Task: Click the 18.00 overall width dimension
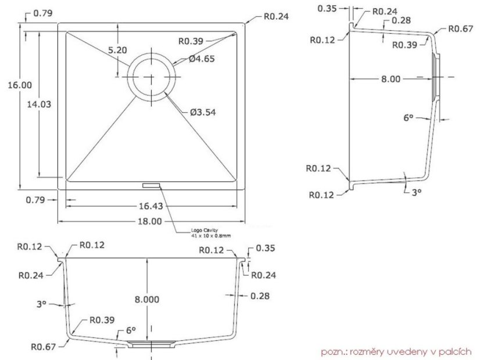point(149,221)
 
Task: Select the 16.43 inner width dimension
point(150,206)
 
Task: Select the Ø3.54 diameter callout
point(203,112)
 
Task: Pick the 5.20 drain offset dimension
point(117,50)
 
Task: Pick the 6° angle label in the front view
point(131,330)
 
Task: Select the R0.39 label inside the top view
point(190,41)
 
